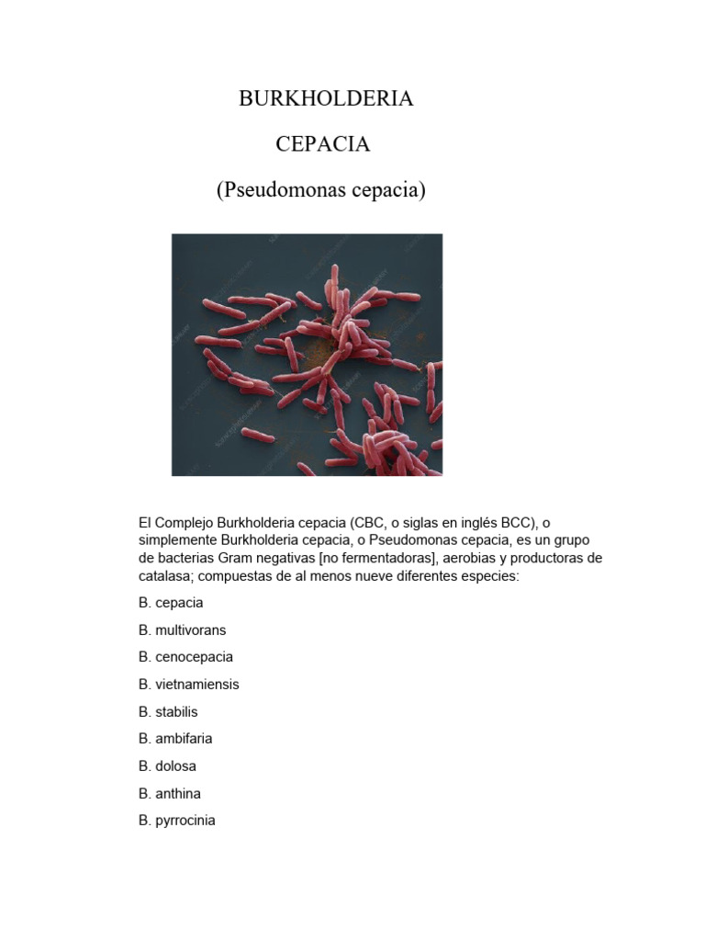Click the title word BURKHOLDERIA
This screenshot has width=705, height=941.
(x=326, y=99)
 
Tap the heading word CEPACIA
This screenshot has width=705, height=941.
(x=322, y=144)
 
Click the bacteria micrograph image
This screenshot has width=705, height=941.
(x=307, y=355)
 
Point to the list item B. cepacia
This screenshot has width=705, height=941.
(x=171, y=603)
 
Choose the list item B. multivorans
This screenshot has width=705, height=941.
(x=182, y=630)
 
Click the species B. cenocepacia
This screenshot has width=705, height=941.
(x=185, y=657)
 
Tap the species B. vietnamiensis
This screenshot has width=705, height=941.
(x=188, y=685)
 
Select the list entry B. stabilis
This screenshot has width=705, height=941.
(x=168, y=711)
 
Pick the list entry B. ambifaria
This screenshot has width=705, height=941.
(x=175, y=739)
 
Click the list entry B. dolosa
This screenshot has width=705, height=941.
(x=167, y=765)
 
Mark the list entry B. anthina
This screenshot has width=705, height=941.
(x=170, y=793)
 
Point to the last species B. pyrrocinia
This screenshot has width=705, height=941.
(x=177, y=821)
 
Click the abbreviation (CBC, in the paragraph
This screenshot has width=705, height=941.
(x=368, y=523)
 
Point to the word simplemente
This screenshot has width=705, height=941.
(x=176, y=540)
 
